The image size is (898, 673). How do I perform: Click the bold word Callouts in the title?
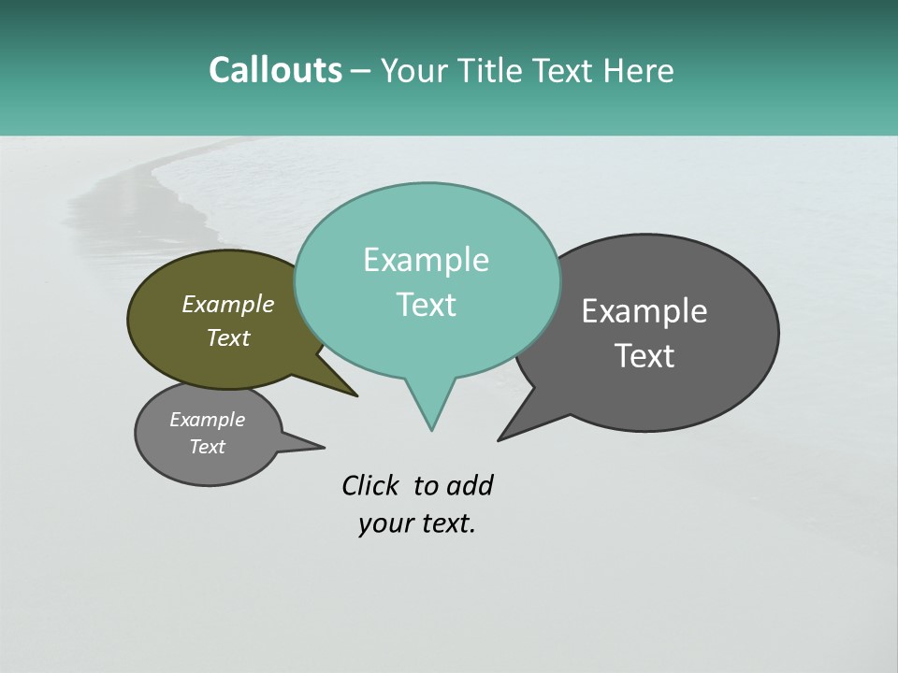[275, 71]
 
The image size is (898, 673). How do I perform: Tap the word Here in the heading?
[639, 71]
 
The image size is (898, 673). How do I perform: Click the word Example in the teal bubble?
[426, 260]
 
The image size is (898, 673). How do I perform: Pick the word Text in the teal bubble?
[426, 305]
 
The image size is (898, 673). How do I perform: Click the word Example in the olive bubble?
[228, 304]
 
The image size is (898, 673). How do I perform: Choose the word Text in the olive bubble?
[228, 337]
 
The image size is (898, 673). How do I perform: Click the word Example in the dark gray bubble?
[645, 311]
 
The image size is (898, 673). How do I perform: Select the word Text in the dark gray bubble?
[645, 356]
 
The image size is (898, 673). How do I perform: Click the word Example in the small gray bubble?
[207, 420]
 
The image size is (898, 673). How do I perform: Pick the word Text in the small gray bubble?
[207, 447]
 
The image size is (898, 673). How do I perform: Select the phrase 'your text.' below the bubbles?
[417, 523]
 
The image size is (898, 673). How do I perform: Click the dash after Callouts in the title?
[361, 71]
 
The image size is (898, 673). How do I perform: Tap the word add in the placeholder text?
[470, 486]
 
